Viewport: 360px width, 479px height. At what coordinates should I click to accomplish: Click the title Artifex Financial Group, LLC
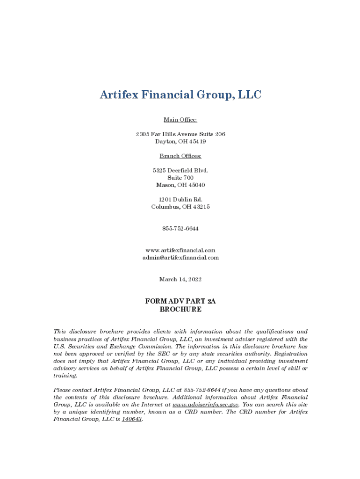(180, 95)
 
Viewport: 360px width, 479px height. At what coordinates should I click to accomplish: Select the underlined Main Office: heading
(180, 120)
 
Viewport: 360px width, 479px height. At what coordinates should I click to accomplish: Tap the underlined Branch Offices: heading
(180, 156)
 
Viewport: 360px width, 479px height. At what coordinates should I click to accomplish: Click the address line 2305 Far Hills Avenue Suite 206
(180, 134)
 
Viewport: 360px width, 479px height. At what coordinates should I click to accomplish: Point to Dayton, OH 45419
(180, 141)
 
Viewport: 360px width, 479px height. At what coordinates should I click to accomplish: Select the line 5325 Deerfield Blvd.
(180, 170)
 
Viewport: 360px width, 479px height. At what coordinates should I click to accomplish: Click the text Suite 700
(180, 178)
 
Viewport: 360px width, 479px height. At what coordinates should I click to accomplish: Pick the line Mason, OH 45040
(180, 185)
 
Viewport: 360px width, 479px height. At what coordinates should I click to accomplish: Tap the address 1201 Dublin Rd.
(180, 199)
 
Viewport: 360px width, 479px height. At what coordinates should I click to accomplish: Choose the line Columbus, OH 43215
(180, 207)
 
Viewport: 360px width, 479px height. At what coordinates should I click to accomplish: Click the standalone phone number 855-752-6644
(180, 229)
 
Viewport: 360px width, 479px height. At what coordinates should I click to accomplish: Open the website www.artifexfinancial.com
(180, 250)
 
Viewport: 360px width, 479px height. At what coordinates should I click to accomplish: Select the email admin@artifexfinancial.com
(180, 258)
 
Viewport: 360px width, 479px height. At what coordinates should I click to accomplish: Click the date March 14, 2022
(180, 279)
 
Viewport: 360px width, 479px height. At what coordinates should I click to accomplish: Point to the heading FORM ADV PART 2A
(180, 302)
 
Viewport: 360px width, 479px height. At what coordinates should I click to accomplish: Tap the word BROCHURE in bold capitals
(180, 309)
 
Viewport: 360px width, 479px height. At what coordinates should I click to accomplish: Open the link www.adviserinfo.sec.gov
(206, 404)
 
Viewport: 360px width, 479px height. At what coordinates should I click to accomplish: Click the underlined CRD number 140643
(132, 419)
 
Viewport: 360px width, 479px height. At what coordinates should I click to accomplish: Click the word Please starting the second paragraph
(63, 390)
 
